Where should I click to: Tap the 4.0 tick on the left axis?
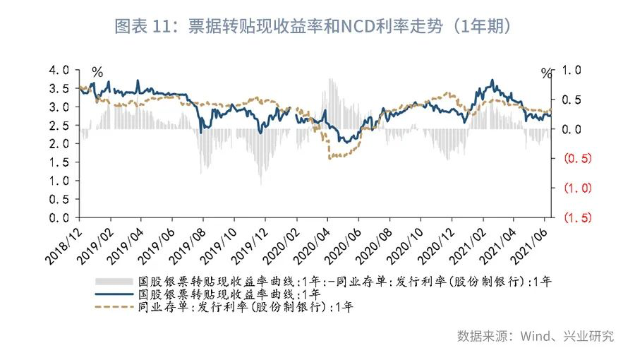[59, 71]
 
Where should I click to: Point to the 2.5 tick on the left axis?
[59, 126]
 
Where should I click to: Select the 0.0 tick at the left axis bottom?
[59, 217]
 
